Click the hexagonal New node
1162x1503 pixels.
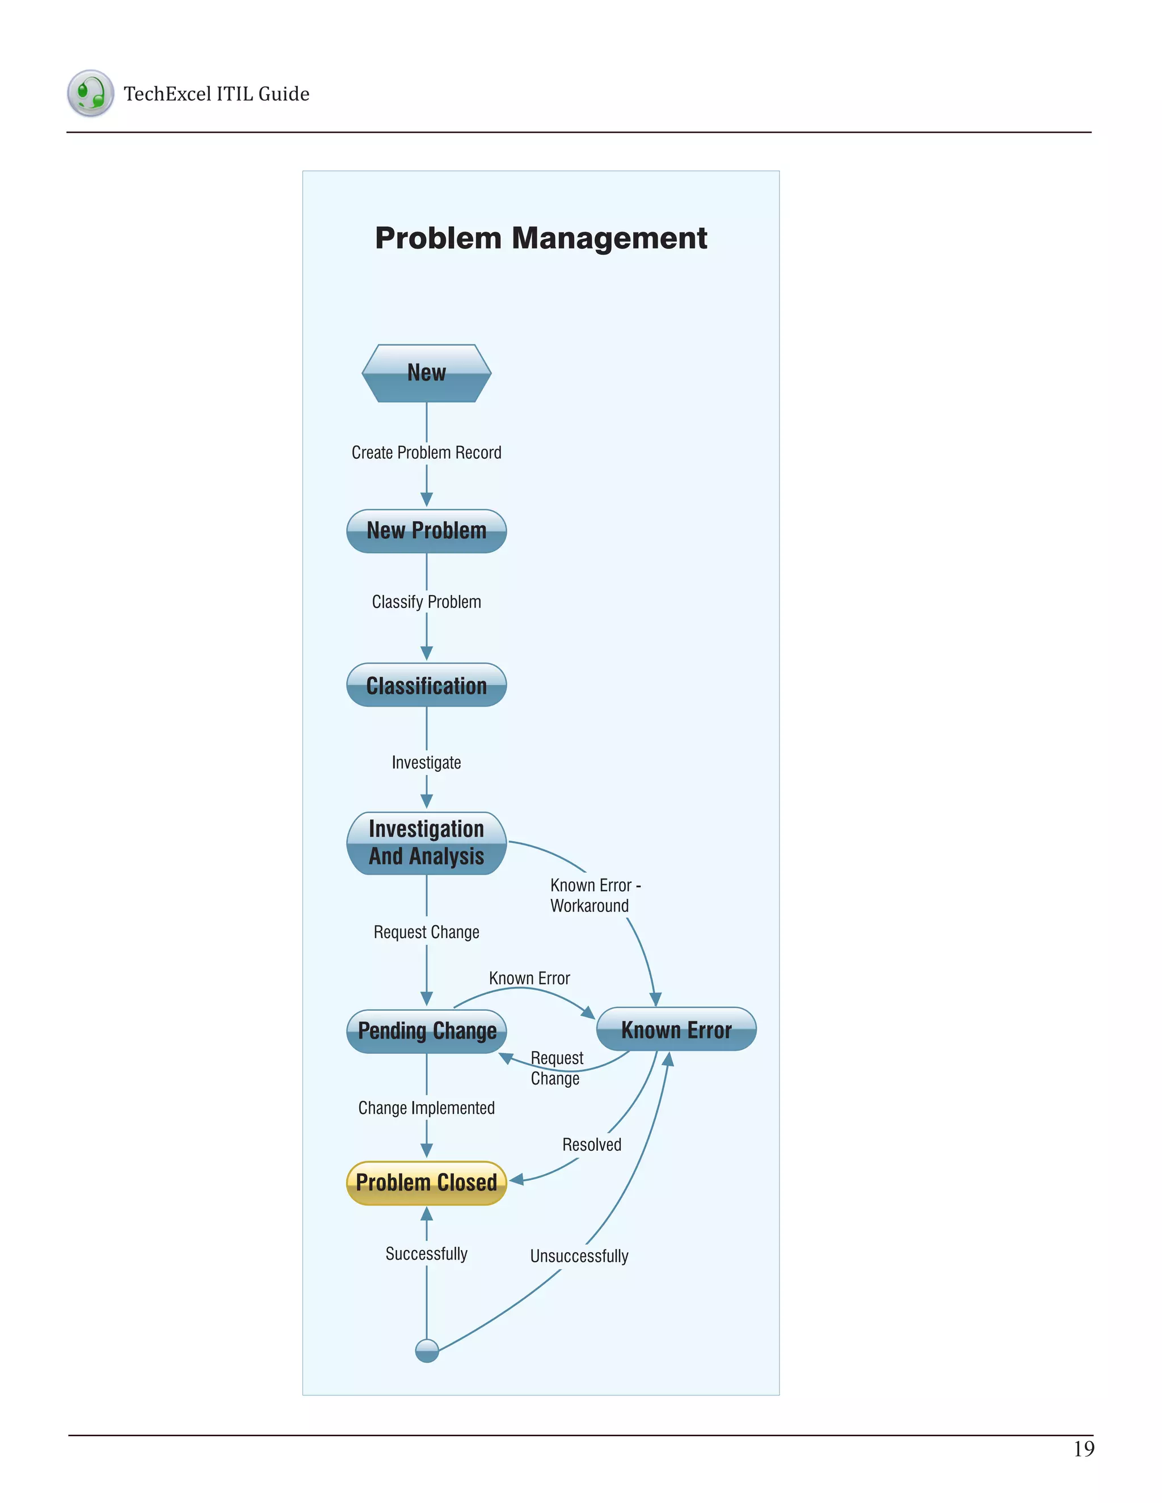coord(426,373)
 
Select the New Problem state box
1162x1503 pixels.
coord(426,531)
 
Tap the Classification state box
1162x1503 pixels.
coord(426,685)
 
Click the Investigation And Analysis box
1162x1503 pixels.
coord(426,842)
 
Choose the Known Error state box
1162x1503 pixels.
coord(676,1029)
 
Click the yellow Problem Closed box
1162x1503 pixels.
coord(426,1183)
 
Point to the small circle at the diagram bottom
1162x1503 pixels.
coord(427,1350)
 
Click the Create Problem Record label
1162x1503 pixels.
coord(426,453)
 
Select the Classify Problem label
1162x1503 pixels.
coord(426,602)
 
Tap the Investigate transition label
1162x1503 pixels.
coord(426,762)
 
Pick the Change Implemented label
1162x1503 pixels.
coord(426,1108)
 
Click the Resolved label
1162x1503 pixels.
coord(591,1145)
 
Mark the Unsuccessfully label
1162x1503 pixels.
coord(579,1256)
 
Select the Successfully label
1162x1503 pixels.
coord(426,1254)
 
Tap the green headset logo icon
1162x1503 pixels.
coord(90,93)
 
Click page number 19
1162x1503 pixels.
coord(1084,1449)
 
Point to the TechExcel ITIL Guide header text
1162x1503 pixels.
coord(216,94)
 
